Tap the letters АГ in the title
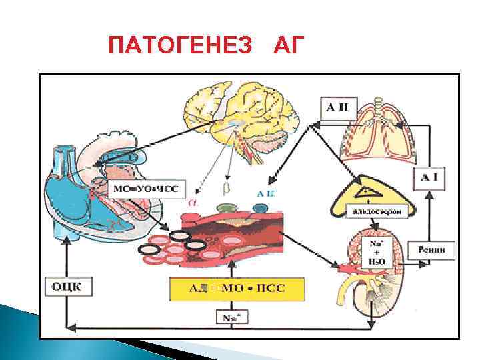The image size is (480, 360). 289,46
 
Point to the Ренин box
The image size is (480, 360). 437,251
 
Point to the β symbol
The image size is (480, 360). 225,189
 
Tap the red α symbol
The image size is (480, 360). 194,199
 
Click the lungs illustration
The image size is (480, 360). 377,133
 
